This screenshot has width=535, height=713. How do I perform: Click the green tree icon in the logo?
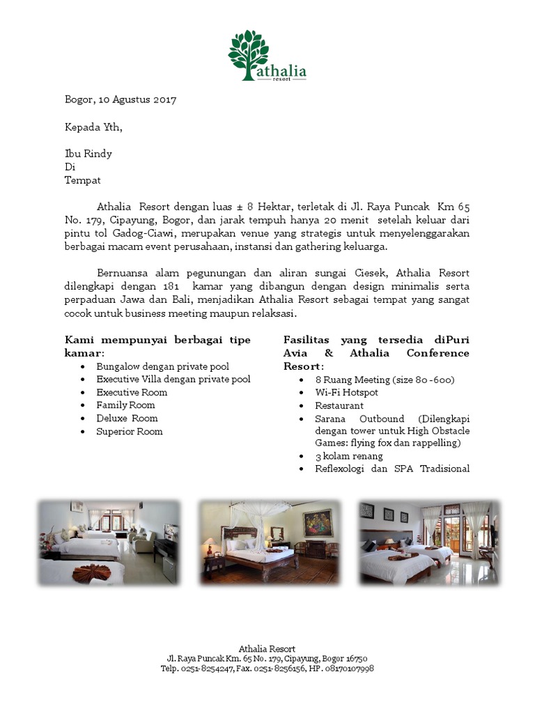(248, 52)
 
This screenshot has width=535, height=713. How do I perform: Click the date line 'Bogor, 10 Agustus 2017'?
(121, 100)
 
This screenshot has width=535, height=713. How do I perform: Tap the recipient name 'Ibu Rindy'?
(88, 154)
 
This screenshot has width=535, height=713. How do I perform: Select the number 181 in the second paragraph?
(171, 287)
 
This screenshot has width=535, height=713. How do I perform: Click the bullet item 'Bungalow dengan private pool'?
(163, 366)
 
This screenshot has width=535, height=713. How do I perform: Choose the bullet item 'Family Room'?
(125, 405)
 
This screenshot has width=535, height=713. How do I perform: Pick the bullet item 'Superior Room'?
(130, 432)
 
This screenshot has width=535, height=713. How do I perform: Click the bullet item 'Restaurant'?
(339, 405)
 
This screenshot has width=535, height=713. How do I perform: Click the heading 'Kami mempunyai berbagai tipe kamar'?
(157, 346)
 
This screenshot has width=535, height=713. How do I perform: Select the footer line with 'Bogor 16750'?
(267, 659)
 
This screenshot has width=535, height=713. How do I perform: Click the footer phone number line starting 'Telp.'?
(267, 668)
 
